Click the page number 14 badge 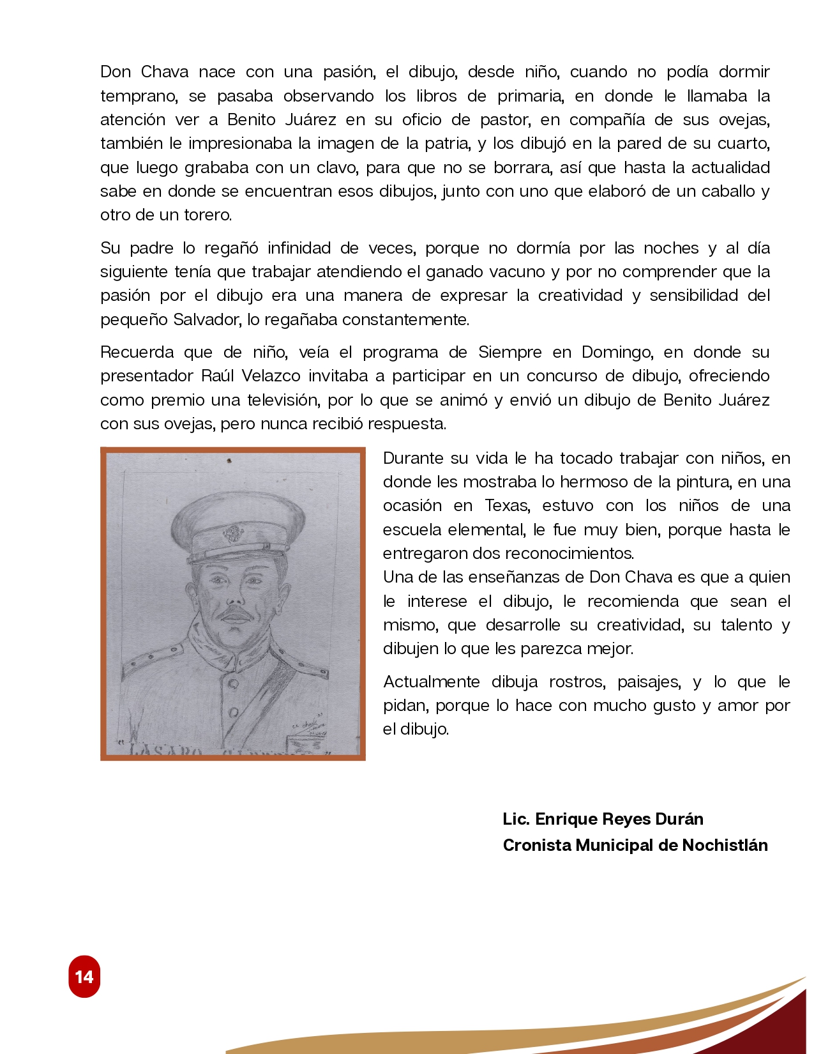tap(84, 976)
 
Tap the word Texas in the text tap(507, 505)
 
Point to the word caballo tap(724, 191)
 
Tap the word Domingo tap(617, 352)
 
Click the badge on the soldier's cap tap(231, 533)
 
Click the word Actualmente tap(431, 682)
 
